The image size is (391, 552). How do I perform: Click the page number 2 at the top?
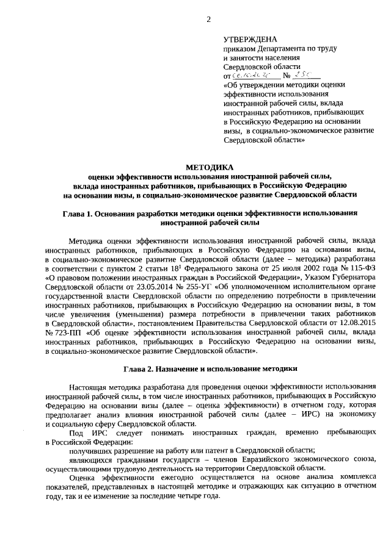[x=208, y=19]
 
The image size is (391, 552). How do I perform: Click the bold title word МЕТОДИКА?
[x=209, y=167]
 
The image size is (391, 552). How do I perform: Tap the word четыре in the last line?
[x=185, y=496]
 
